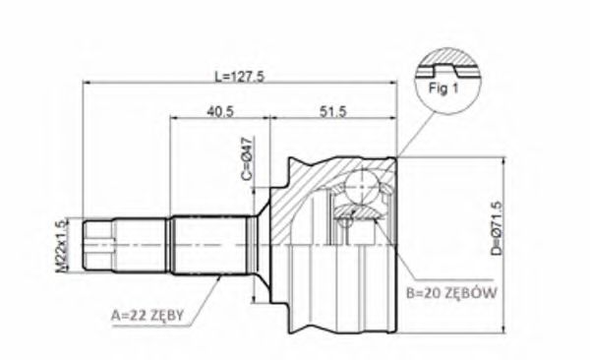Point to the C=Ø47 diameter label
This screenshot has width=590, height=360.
pos(248,159)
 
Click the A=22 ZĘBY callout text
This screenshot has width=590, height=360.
pos(147,316)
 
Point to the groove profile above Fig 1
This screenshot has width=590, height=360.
pos(448,68)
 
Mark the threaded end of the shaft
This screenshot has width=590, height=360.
pos(97,245)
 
